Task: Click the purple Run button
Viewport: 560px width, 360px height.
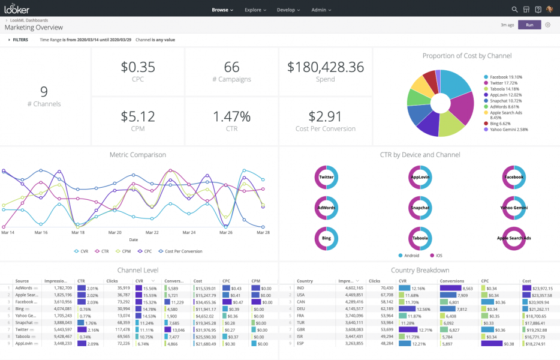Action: (x=529, y=25)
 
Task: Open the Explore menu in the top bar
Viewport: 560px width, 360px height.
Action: (x=255, y=10)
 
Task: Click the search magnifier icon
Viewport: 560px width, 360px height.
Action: (x=514, y=10)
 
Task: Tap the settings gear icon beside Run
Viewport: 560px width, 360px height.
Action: (x=547, y=25)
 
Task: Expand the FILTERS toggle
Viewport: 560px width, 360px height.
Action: (x=18, y=40)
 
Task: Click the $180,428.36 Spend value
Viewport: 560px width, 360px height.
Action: (x=326, y=67)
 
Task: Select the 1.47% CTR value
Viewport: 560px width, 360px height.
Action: (x=232, y=116)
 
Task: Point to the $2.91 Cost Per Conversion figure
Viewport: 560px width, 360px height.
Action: (x=326, y=116)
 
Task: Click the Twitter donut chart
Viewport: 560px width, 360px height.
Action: (x=326, y=177)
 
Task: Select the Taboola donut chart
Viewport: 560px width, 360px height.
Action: (x=420, y=238)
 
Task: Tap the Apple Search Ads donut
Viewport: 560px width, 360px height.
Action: (x=513, y=238)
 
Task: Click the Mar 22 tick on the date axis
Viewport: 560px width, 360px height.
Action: (x=152, y=232)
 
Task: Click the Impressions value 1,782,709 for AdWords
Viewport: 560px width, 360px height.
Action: (x=59, y=288)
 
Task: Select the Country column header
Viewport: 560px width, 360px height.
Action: (x=305, y=280)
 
